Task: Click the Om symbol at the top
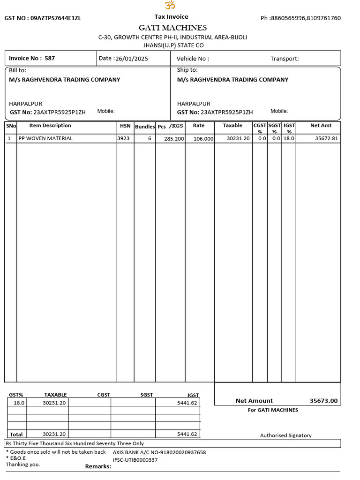[169, 5]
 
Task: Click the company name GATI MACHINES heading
[172, 28]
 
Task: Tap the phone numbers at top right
[300, 18]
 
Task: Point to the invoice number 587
[50, 59]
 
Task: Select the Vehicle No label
[193, 59]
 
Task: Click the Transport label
[285, 59]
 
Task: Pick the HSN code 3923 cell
[124, 138]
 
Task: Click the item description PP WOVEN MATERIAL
[45, 138]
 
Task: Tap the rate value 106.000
[203, 139]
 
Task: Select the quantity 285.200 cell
[174, 139]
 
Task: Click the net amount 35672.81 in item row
[326, 139]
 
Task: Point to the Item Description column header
[50, 126]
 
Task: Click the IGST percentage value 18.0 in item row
[289, 138]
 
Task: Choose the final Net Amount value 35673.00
[323, 401]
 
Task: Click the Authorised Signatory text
[285, 435]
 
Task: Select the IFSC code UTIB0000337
[135, 460]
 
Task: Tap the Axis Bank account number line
[159, 452]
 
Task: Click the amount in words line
[75, 443]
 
